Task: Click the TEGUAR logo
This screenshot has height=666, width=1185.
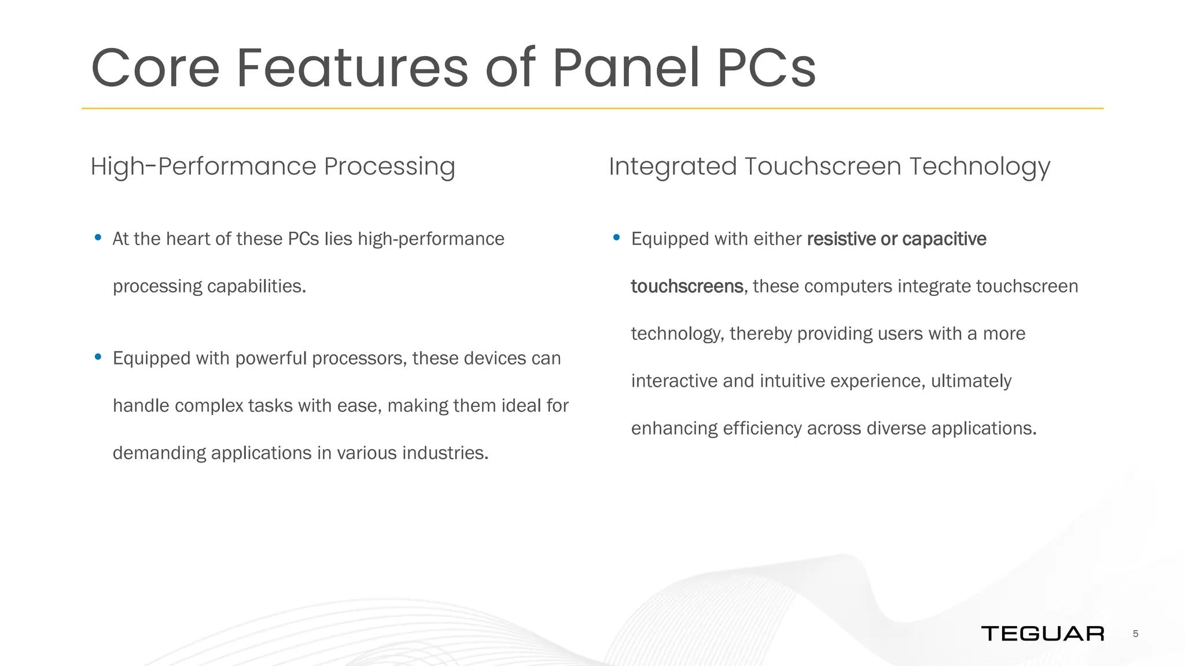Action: pos(1042,634)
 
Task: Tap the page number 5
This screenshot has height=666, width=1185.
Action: pos(1135,634)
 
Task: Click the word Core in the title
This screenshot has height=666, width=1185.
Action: pos(155,68)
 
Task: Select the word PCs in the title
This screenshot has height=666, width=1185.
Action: pos(766,68)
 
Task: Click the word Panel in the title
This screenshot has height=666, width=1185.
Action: pos(626,68)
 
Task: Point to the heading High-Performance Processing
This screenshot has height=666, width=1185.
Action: pos(273,166)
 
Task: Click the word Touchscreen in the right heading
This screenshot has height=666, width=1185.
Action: pos(822,166)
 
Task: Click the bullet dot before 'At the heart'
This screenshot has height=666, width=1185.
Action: pos(98,237)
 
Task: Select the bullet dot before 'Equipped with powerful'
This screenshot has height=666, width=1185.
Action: pos(98,357)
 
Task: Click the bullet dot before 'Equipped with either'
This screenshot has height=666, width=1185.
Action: pos(616,237)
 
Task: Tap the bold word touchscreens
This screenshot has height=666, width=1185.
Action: pos(687,286)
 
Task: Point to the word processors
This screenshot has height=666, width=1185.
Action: pos(359,358)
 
